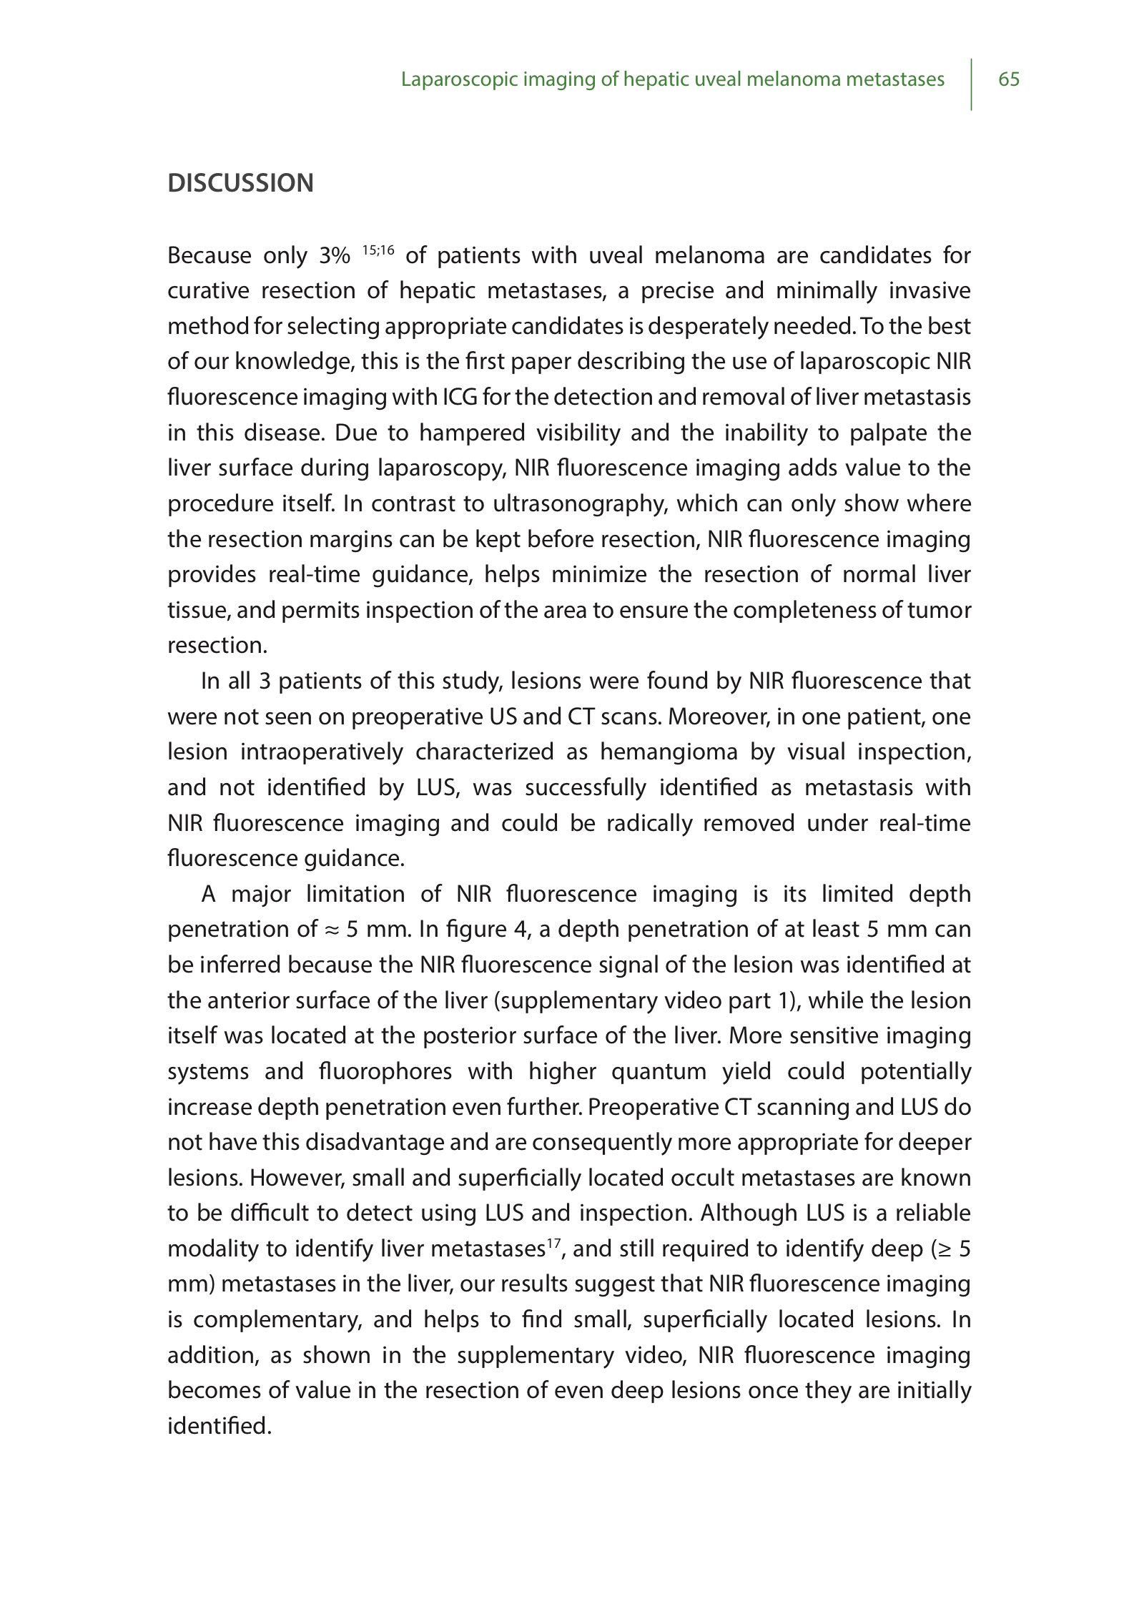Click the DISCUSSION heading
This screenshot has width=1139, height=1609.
(x=240, y=183)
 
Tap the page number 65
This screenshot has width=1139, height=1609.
(x=1008, y=79)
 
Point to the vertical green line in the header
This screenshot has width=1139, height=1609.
(x=972, y=84)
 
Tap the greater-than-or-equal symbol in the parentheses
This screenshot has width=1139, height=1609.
(x=945, y=1249)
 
